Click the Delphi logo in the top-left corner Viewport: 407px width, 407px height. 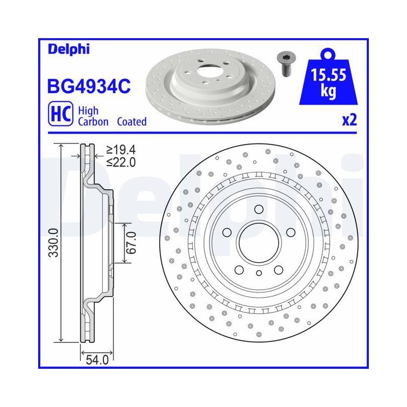pyautogui.click(x=69, y=49)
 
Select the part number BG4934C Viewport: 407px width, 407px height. pyautogui.click(x=89, y=86)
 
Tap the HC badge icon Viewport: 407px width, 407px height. pyautogui.click(x=61, y=114)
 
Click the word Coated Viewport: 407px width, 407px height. pyautogui.click(x=132, y=122)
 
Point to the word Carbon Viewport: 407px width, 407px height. pyautogui.click(x=93, y=122)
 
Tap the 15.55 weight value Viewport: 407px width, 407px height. pyautogui.click(x=328, y=74)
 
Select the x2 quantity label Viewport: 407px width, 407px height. pyautogui.click(x=350, y=121)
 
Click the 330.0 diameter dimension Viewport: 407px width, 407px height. pyautogui.click(x=54, y=243)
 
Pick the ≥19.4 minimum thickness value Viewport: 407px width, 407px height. pyautogui.click(x=121, y=150)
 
